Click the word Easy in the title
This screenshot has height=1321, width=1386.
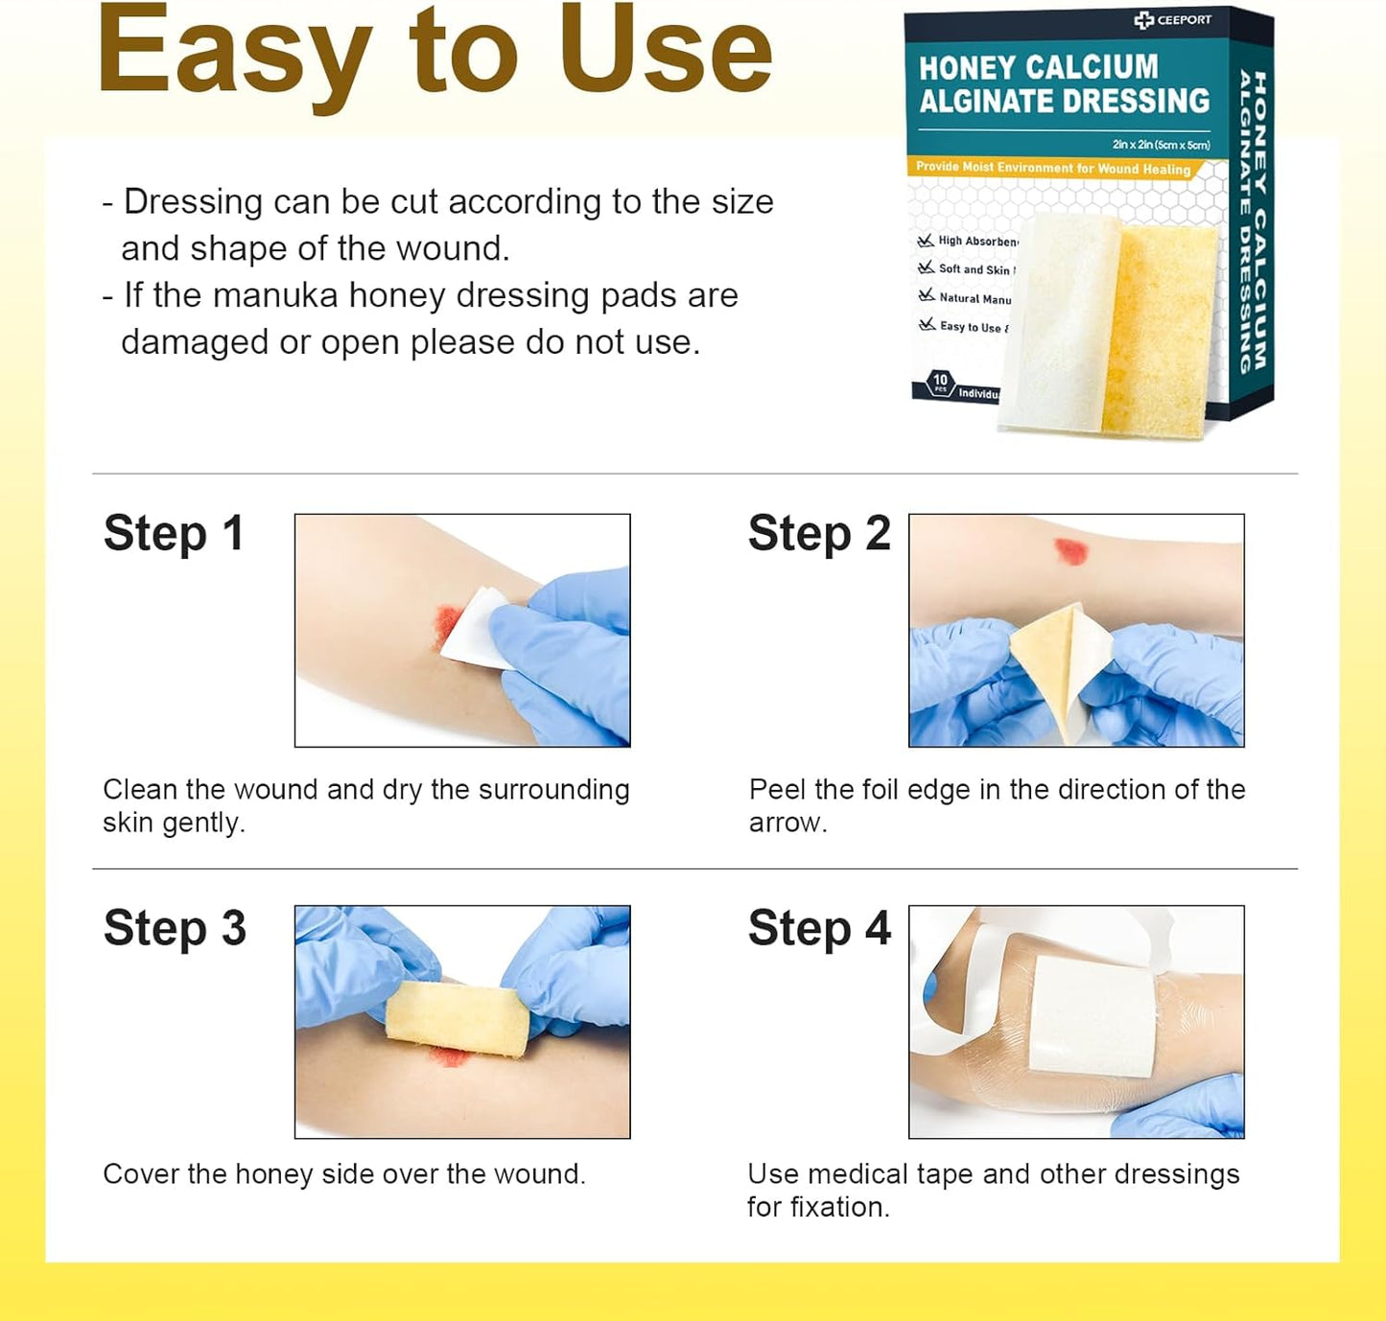point(235,53)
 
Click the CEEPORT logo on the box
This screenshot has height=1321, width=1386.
point(1172,19)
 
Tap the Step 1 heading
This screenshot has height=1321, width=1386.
point(174,533)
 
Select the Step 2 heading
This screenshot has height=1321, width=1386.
point(819,533)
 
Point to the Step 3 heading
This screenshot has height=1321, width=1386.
point(175,928)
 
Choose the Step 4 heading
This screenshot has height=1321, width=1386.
point(819,928)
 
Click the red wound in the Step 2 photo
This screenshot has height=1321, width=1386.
point(1070,551)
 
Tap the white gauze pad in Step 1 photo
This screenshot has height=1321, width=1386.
point(475,628)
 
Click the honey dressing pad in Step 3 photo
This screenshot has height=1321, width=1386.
point(458,1019)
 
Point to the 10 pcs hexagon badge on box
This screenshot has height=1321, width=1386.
point(940,382)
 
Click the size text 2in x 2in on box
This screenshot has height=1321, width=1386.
point(1161,145)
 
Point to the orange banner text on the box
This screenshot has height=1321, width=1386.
point(1052,168)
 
